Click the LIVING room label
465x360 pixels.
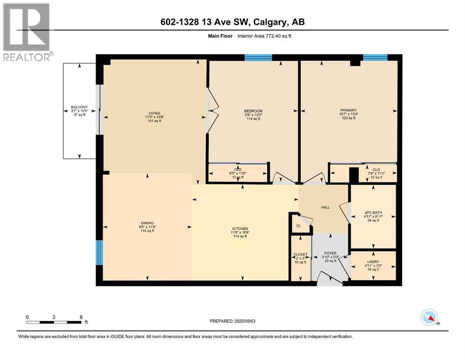click(155, 113)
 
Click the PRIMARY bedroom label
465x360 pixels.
click(348, 111)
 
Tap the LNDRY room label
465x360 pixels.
click(373, 262)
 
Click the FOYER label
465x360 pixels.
click(330, 254)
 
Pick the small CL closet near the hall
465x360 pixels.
click(298, 226)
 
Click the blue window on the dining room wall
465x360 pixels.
click(99, 253)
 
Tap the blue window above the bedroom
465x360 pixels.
click(258, 58)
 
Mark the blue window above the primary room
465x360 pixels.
click(375, 58)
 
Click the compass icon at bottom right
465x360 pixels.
click(429, 318)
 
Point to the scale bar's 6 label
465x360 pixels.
click(81, 317)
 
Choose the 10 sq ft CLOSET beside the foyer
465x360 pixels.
click(300, 258)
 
